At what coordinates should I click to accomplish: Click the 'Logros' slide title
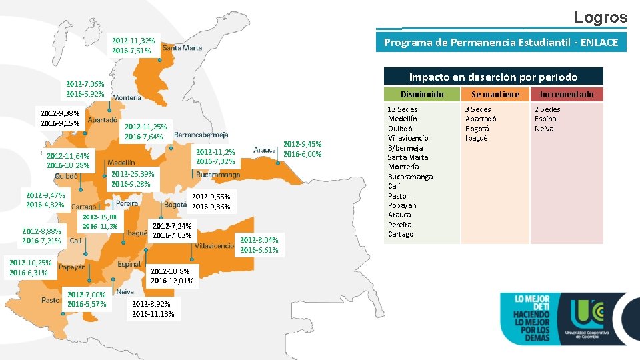601,17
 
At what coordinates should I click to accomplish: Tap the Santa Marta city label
182,47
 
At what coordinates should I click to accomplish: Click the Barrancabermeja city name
201,135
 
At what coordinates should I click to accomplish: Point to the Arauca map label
265,150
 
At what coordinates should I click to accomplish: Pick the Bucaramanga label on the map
218,175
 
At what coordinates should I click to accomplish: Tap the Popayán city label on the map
72,267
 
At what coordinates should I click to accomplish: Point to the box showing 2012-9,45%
303,149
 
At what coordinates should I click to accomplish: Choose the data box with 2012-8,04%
259,245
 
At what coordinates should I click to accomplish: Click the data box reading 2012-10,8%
172,276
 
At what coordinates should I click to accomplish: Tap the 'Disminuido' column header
421,94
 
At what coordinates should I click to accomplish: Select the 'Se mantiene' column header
495,94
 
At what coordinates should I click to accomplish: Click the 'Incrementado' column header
567,94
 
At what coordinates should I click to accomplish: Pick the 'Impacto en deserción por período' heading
493,77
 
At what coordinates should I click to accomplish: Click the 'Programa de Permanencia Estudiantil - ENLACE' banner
501,43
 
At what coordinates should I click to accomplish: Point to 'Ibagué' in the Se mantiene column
477,138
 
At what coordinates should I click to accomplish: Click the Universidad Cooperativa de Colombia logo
589,319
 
